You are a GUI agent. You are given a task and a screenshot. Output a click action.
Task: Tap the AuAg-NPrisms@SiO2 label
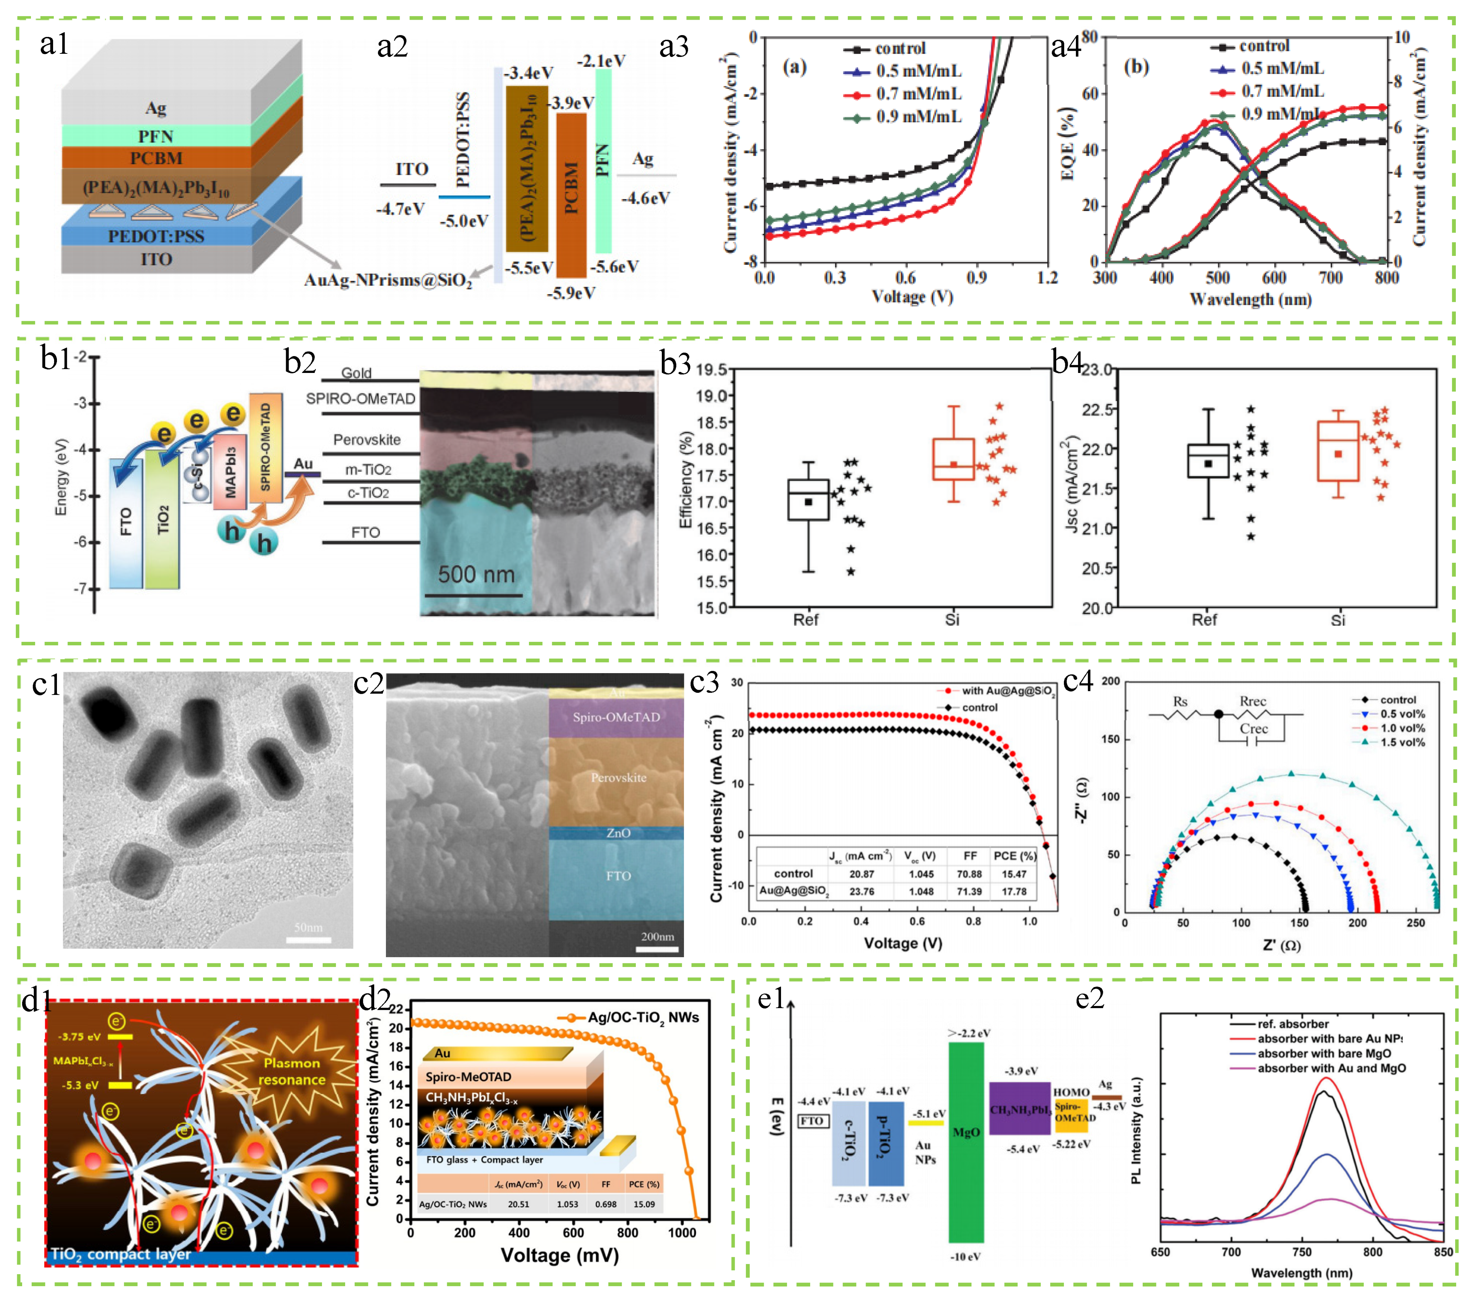(387, 280)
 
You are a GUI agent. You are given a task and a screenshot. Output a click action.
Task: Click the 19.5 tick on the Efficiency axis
(711, 370)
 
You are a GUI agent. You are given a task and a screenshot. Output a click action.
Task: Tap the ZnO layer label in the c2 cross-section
(618, 833)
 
